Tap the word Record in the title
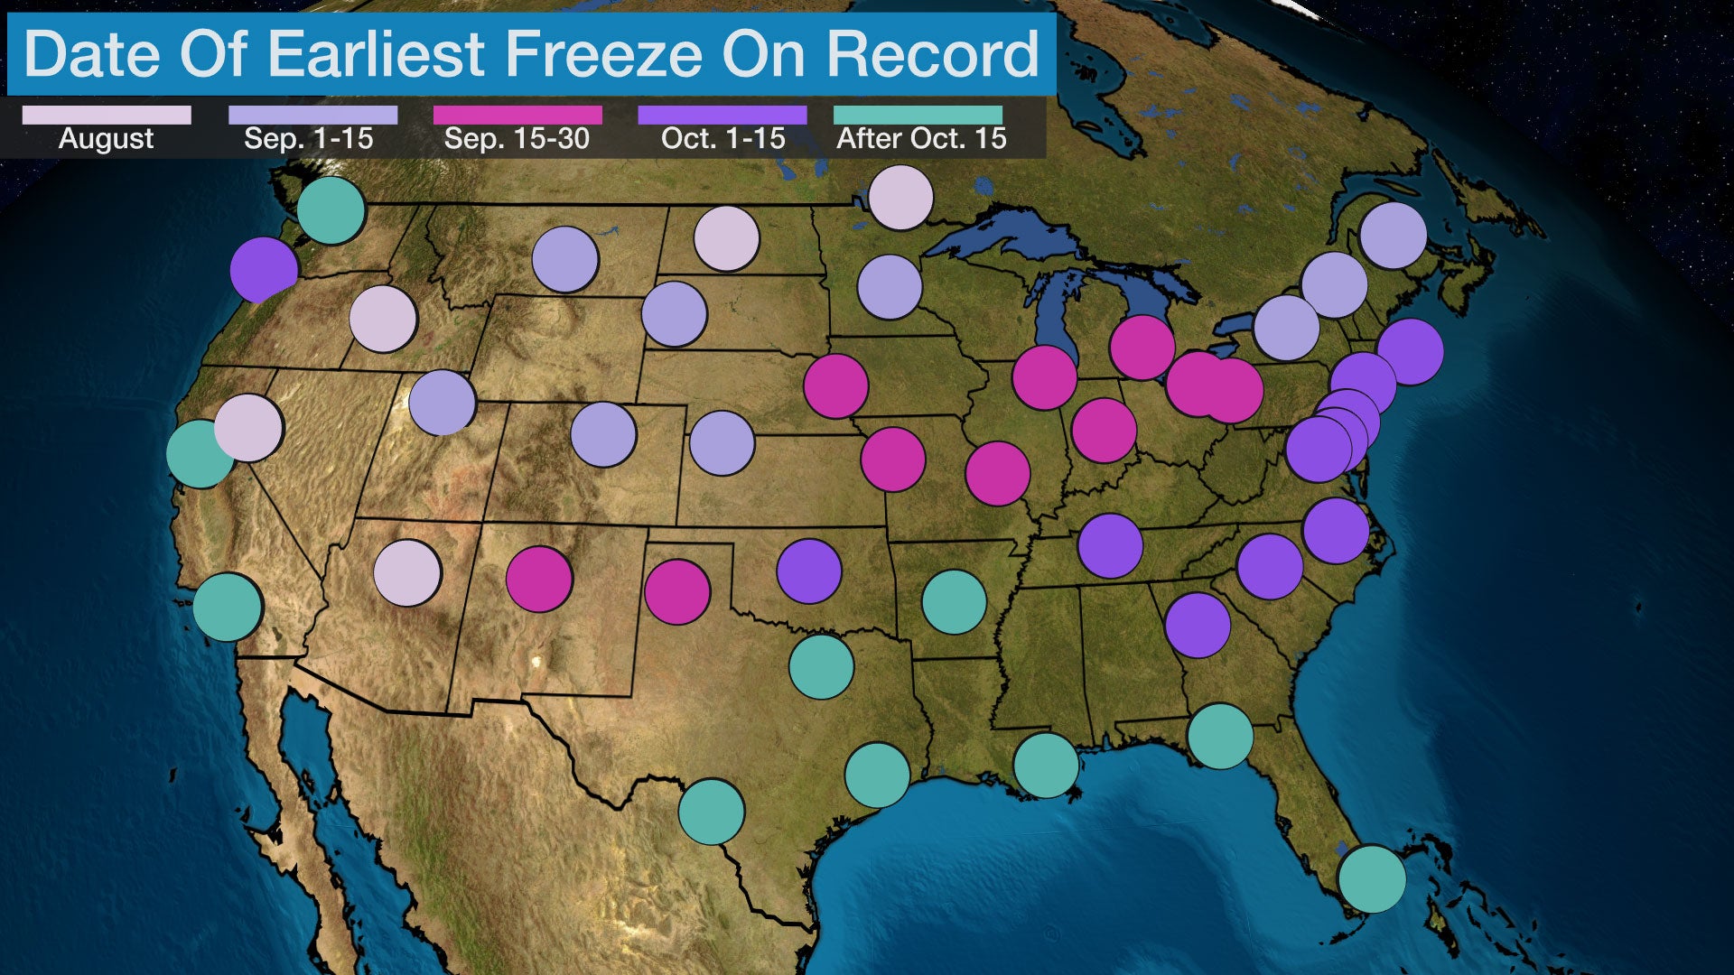tap(933, 54)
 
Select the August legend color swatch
tap(107, 116)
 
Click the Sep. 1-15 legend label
tap(309, 138)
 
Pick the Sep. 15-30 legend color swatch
tap(517, 116)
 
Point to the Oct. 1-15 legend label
tap(722, 138)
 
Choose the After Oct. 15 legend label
tap(921, 138)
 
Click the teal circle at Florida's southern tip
tap(1372, 878)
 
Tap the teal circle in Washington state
tap(331, 210)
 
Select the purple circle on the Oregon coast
tap(264, 270)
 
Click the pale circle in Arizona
tap(407, 573)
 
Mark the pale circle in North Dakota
tap(726, 238)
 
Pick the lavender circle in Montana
tap(565, 260)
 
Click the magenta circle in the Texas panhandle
tap(677, 592)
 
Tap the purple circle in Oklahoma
tap(809, 571)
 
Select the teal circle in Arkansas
tap(954, 602)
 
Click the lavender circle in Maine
tap(1393, 236)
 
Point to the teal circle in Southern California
tap(228, 608)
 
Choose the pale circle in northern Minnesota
tap(900, 198)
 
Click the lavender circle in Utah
tap(443, 403)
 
